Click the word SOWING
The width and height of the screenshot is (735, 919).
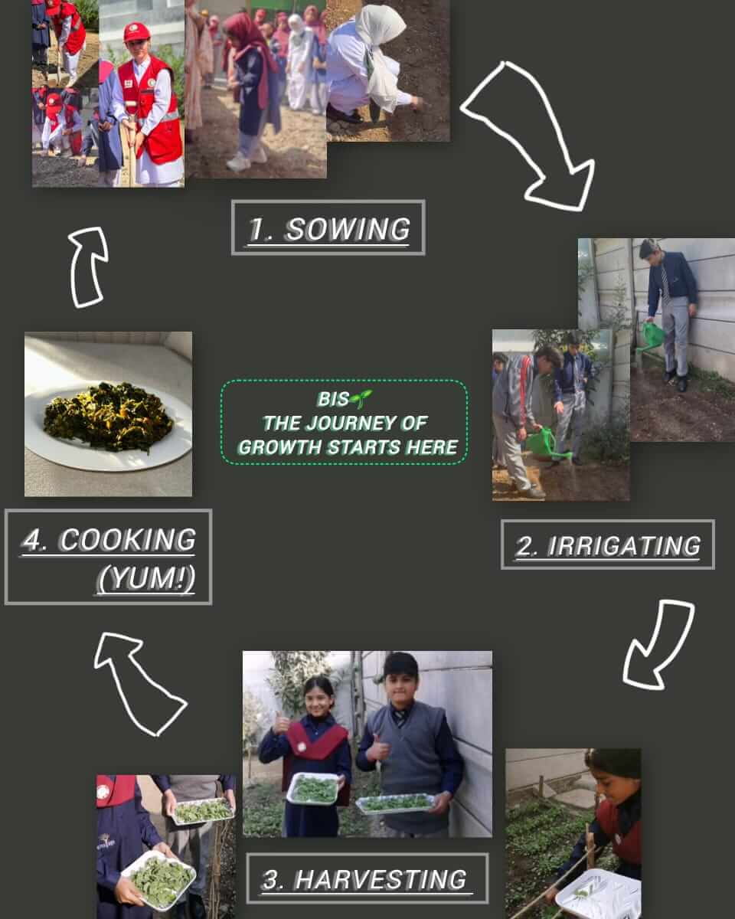[x=348, y=229]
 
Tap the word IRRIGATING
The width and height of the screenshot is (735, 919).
[x=624, y=546]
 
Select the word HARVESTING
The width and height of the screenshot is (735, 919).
[x=381, y=880]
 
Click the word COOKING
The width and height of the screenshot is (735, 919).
[x=128, y=540]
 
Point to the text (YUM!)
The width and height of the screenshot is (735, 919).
[x=146, y=579]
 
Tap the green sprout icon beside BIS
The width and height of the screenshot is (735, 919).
[x=361, y=398]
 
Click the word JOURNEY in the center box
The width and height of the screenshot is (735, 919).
[x=351, y=424]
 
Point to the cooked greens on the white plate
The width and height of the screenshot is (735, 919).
[x=109, y=417]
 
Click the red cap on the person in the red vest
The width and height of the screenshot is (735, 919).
[x=136, y=32]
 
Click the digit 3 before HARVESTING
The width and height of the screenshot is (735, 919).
[x=270, y=880]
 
